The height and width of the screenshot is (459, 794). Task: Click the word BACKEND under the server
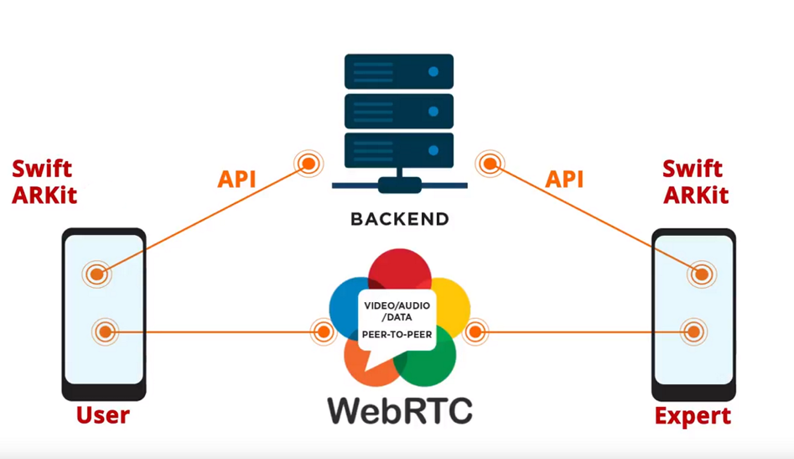click(399, 220)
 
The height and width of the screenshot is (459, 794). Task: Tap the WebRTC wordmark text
click(399, 409)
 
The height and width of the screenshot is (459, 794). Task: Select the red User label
click(103, 415)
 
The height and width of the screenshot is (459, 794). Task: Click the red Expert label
click(693, 415)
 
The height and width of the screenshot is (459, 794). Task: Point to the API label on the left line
click(236, 180)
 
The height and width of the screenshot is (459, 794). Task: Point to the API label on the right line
click(564, 180)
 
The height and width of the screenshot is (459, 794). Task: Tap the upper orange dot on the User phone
click(96, 274)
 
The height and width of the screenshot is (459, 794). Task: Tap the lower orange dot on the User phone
click(104, 332)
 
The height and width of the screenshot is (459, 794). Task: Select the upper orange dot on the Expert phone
click(701, 274)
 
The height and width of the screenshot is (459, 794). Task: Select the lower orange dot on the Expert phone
click(693, 332)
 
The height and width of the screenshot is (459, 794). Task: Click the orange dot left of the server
click(309, 164)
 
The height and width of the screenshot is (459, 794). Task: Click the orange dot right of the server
click(490, 164)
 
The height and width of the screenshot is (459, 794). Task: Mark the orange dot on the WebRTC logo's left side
click(324, 332)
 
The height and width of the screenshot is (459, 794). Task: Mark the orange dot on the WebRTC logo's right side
click(475, 332)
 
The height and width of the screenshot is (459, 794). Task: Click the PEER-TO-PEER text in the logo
click(397, 334)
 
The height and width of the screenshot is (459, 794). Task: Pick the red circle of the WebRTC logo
click(399, 270)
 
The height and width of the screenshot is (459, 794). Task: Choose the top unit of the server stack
click(399, 72)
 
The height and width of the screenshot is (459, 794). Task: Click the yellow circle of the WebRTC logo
click(453, 302)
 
